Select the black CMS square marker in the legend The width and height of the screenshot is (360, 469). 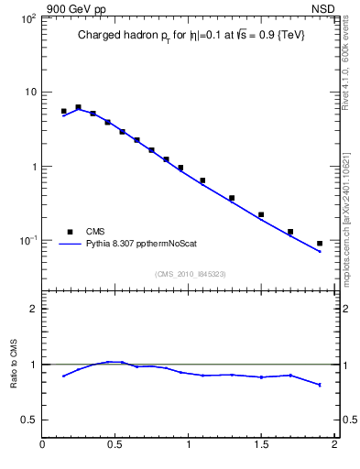point(69,232)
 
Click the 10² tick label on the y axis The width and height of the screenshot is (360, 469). point(27,18)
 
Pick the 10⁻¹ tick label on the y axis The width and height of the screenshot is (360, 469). point(27,241)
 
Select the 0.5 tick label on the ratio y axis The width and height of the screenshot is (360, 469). point(29,420)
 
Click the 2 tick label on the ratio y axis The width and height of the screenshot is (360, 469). point(33,309)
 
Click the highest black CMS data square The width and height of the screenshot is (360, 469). point(78,107)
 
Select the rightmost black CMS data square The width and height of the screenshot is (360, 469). point(320,244)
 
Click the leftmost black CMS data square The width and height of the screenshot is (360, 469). point(63,112)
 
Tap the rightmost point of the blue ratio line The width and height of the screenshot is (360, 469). point(320,385)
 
